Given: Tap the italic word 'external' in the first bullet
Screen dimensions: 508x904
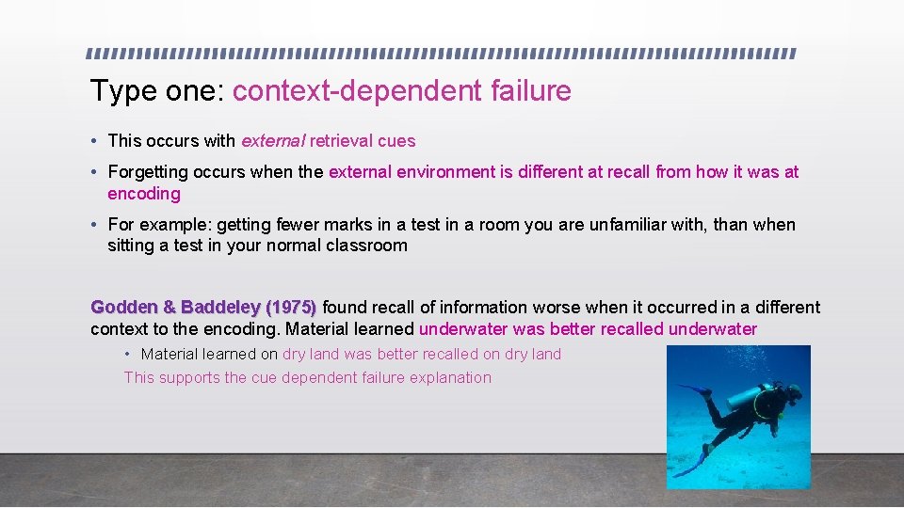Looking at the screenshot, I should [x=273, y=141].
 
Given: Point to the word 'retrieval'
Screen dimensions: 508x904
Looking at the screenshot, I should [x=342, y=141].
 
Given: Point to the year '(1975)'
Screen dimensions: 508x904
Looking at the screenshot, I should [x=291, y=308].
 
